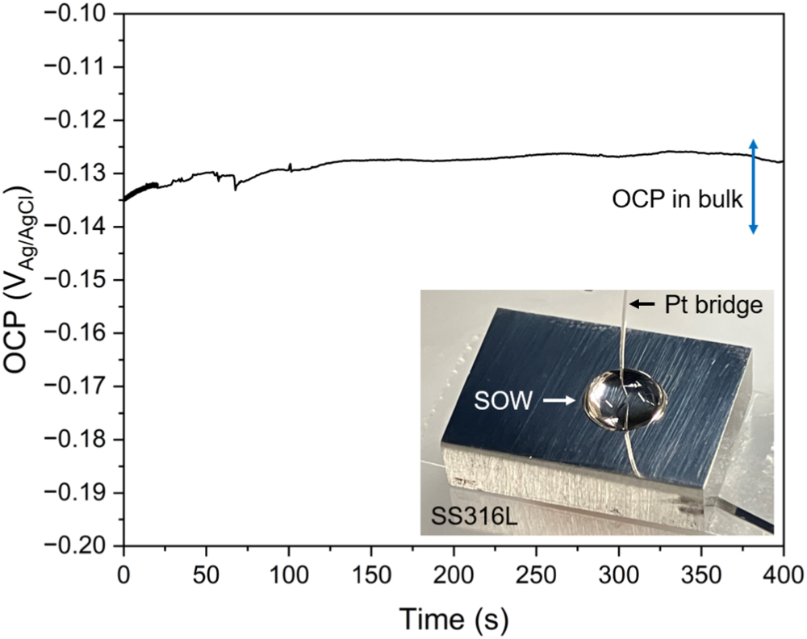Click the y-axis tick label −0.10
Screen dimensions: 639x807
[x=84, y=15]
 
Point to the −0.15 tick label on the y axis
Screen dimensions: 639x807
[x=84, y=280]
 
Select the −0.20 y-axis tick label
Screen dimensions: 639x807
[x=84, y=545]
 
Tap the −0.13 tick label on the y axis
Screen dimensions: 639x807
[x=84, y=173]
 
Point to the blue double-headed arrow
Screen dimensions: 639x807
[x=753, y=186]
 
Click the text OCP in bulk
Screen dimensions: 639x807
[x=688, y=200]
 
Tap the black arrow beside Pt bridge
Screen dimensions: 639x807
[x=643, y=304]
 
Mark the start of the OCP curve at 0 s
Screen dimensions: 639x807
[x=124, y=200]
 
